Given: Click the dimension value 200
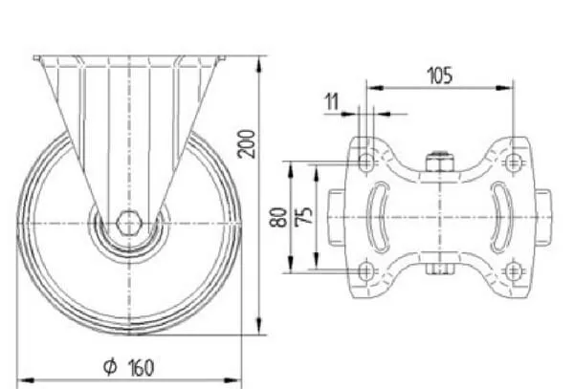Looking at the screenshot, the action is coord(246,143).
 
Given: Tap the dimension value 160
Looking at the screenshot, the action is coord(142,368).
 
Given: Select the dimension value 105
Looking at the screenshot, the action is coord(440,76).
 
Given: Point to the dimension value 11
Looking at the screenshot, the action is coord(332,101).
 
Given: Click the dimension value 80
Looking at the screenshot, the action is coord(278,217).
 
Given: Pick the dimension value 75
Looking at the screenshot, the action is coord(304,216).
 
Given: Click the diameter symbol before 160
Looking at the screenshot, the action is coord(110,367).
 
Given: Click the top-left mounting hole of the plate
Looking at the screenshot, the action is coord(366,162).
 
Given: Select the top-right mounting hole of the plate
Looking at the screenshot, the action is coord(513,162).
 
